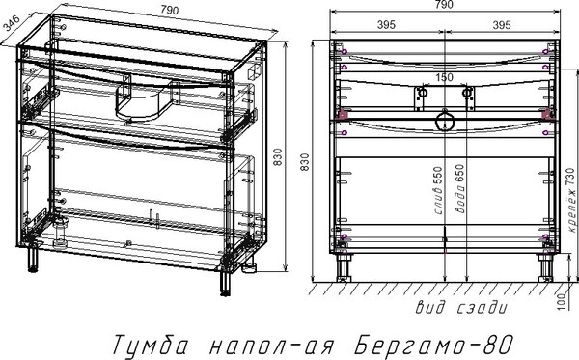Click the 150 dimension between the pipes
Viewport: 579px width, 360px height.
pos(443,76)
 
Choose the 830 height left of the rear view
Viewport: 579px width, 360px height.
pos(308,162)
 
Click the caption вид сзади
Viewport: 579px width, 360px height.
pos(460,309)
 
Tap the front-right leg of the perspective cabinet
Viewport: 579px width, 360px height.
pos(228,281)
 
